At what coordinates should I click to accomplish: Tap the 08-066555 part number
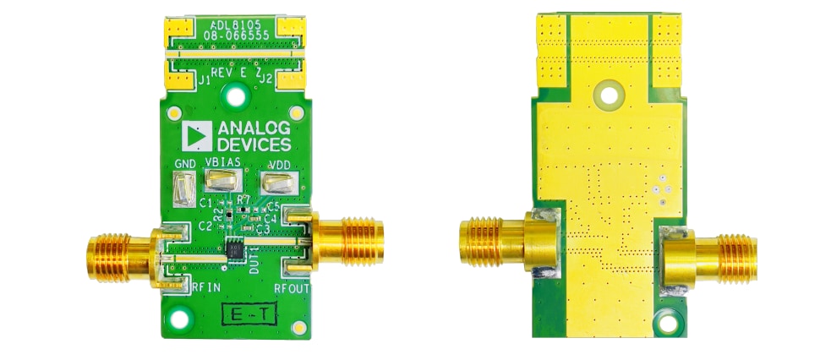click(x=233, y=37)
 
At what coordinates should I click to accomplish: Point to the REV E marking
click(x=229, y=74)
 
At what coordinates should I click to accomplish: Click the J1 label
click(x=203, y=79)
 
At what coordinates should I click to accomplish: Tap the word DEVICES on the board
click(x=254, y=145)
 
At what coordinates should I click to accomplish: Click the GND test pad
click(x=183, y=188)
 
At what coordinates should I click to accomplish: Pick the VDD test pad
click(x=278, y=182)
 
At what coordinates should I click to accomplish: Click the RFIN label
click(x=206, y=287)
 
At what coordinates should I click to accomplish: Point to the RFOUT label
click(x=292, y=287)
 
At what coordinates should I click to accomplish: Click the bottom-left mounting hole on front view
click(x=178, y=319)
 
